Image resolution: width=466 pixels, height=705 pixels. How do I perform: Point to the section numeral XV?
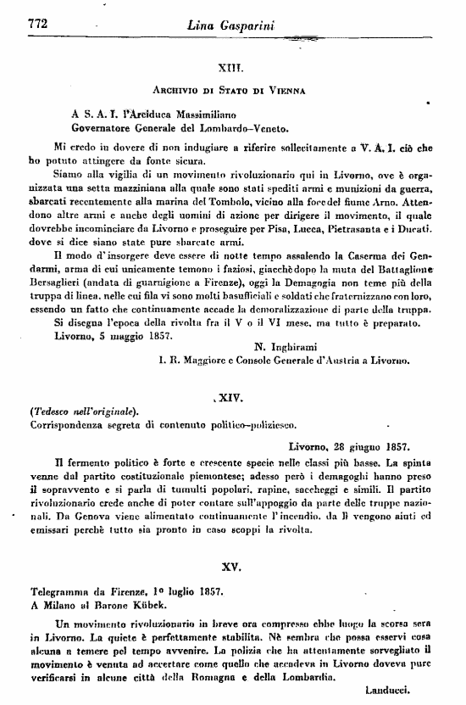(x=233, y=563)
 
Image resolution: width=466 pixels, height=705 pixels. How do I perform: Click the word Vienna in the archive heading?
(x=281, y=88)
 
